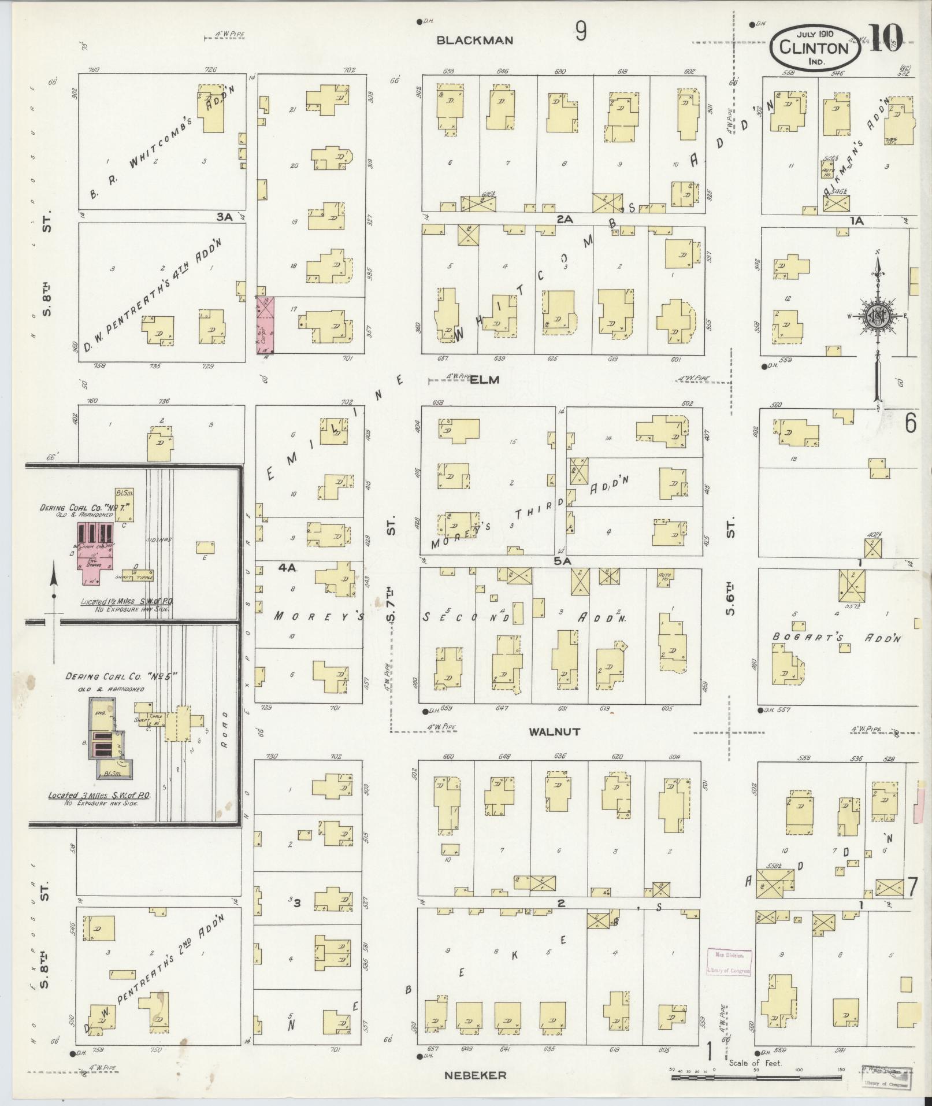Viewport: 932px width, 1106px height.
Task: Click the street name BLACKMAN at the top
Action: pyautogui.click(x=474, y=40)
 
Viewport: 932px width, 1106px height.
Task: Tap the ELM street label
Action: pyautogui.click(x=480, y=380)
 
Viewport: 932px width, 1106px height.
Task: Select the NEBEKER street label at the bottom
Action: pyautogui.click(x=475, y=1075)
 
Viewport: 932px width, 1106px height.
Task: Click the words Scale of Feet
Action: pyautogui.click(x=755, y=1063)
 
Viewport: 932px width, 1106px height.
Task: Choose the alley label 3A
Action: pyautogui.click(x=224, y=217)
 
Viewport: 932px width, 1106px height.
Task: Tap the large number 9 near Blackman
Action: pyautogui.click(x=580, y=32)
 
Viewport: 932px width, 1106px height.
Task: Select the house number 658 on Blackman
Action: pyautogui.click(x=448, y=71)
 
